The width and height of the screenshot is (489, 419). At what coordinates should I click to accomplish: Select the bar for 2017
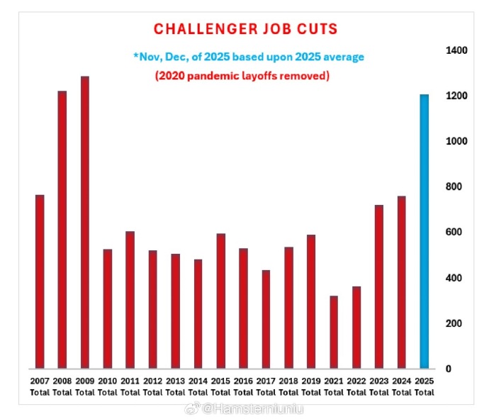(x=266, y=319)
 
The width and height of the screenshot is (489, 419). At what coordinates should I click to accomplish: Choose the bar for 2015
(x=220, y=301)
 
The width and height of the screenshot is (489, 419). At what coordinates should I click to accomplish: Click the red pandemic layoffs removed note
(x=242, y=76)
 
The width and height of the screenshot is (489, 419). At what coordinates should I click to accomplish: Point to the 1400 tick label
(x=456, y=51)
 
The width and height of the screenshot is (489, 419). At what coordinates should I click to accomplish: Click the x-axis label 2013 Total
(x=175, y=386)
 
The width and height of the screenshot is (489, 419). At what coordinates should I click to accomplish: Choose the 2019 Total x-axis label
(x=311, y=386)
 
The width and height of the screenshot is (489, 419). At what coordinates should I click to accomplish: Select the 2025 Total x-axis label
(x=425, y=386)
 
